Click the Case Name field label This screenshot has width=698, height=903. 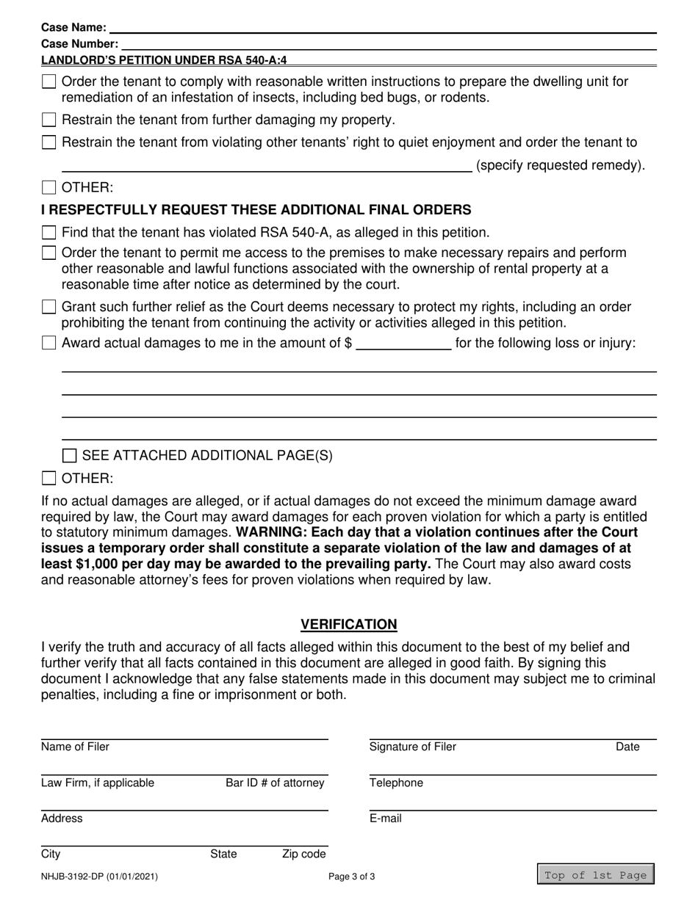(73, 28)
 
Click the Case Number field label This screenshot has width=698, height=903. (79, 44)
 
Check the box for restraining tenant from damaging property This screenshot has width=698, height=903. (49, 120)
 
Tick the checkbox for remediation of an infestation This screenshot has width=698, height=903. (49, 82)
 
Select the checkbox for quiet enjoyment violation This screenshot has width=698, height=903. (49, 142)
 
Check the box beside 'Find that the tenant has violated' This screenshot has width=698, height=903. (49, 233)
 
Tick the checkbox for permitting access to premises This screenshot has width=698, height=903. (49, 253)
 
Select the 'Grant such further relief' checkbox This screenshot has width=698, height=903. (49, 307)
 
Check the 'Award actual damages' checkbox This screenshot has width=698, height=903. (49, 343)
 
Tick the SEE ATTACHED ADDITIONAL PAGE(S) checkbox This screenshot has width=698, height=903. (70, 456)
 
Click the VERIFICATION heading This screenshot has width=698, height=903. (349, 624)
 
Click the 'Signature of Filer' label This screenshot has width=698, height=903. (412, 747)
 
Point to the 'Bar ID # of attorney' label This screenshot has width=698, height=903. (274, 783)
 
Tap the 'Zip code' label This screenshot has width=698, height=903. (303, 854)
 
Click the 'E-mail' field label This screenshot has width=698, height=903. (385, 819)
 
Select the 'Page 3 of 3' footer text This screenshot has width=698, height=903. (351, 876)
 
